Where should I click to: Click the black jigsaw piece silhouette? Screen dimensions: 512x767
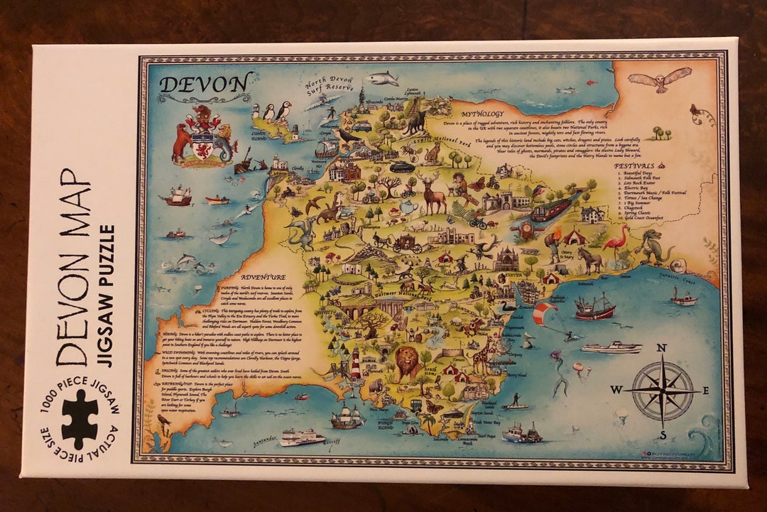79,419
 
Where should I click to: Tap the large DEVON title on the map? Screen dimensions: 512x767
205,83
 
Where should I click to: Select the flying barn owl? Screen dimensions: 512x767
660,79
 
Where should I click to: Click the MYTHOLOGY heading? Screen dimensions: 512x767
482,114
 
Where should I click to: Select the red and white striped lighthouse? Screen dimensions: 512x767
356,364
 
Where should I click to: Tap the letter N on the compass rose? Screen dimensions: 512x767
662,348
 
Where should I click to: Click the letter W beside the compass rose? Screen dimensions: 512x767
616,389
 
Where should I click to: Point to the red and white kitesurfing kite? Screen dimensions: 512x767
545,312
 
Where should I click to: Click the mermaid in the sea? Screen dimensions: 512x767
560,373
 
